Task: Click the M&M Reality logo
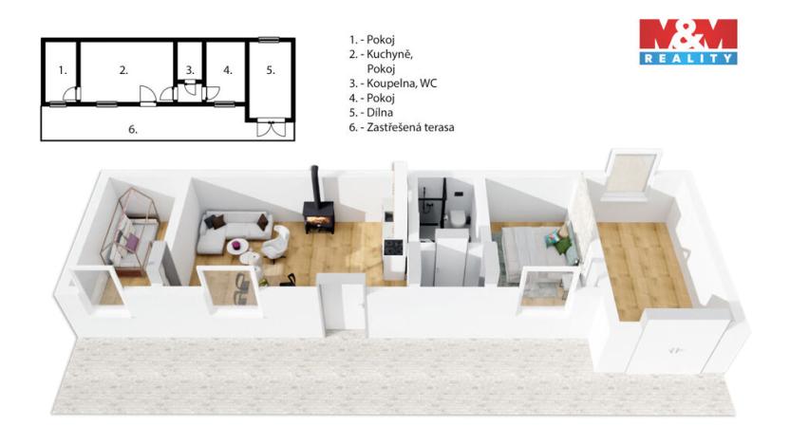(x=687, y=42)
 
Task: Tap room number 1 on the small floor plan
(x=62, y=70)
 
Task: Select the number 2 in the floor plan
(x=123, y=70)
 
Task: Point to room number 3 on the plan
(x=190, y=70)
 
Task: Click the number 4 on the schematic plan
(x=228, y=70)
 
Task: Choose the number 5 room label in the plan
(x=271, y=70)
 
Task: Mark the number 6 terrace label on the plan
(x=134, y=129)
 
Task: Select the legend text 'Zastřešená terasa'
(x=409, y=126)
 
